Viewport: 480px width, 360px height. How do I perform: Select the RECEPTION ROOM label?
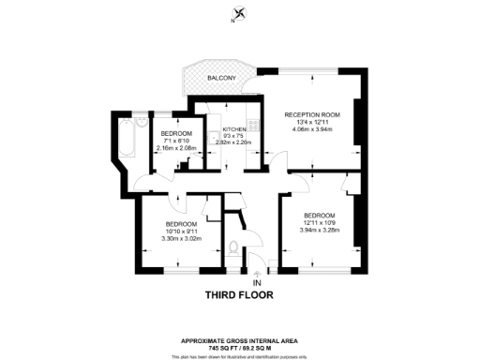[x=312, y=114]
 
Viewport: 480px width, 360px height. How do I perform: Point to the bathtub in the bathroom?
[x=128, y=140]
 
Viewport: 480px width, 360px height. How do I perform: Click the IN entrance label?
[x=257, y=282]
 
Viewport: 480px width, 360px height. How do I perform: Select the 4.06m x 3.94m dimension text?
[x=312, y=131]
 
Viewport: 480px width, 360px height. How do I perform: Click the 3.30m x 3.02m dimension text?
[x=181, y=240]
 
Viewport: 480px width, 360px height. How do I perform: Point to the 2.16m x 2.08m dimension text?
[x=176, y=149]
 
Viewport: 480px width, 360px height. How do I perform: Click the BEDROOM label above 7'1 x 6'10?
[x=176, y=133]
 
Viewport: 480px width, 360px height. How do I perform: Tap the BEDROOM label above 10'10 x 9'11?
[x=181, y=224]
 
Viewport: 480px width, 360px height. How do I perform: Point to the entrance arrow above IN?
[x=257, y=272]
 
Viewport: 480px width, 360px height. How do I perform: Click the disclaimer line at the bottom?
[x=240, y=356]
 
